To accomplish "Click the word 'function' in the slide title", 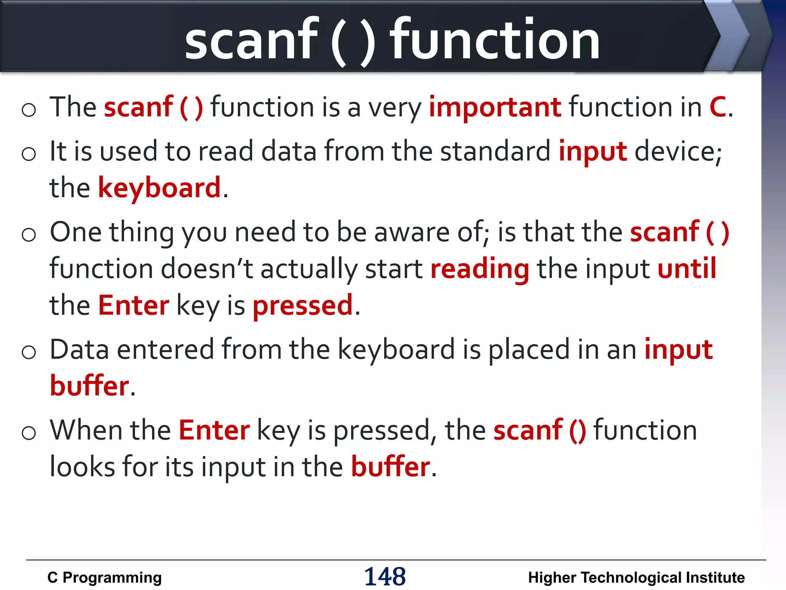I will point(495,39).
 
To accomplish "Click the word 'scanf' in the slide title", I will point(251,39).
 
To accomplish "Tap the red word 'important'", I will point(495,108).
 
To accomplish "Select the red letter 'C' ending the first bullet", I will point(717,107).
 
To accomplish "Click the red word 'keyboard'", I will point(160,188).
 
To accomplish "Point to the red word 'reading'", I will point(480,268).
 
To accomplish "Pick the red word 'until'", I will point(687,268).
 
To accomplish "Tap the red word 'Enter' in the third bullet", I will point(134,305).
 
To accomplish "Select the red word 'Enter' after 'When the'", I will point(214,430).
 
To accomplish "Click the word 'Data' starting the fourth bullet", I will point(79,350).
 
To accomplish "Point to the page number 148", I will point(385,577).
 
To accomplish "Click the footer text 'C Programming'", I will point(104,577).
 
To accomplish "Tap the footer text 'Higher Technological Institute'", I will point(636,577).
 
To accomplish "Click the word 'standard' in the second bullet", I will point(495,151).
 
